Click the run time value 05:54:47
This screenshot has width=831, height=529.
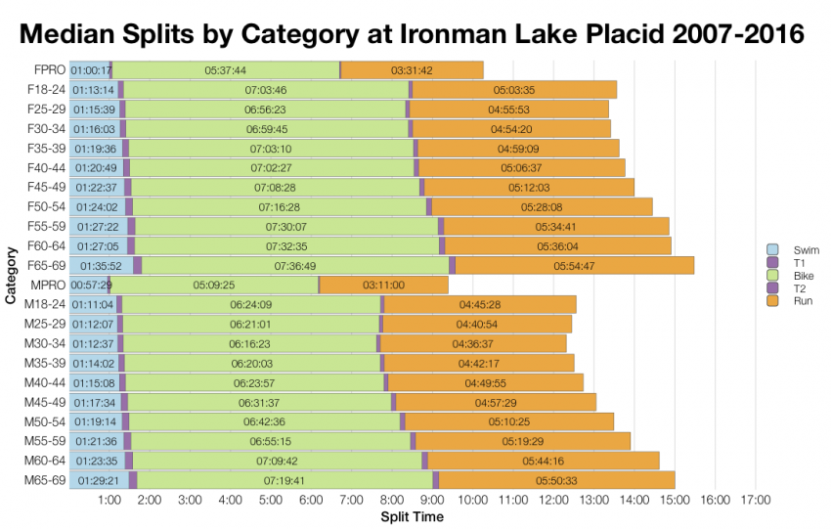(574, 265)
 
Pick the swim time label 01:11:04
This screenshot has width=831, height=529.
(93, 304)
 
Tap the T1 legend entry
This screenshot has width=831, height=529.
(788, 263)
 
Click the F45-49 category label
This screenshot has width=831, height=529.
(46, 187)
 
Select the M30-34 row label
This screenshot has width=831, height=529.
(45, 343)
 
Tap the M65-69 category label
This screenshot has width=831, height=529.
(45, 480)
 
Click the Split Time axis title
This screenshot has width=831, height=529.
(412, 517)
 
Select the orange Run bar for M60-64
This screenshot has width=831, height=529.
(544, 461)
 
